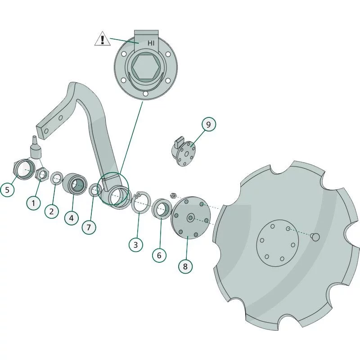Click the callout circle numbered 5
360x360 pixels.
[x=7, y=189]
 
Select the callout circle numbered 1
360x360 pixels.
[x=33, y=203]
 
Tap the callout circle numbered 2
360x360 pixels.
[x=52, y=211]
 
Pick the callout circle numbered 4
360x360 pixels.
[x=72, y=218]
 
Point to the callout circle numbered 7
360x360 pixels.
[x=89, y=227]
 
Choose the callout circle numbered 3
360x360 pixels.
[x=136, y=245]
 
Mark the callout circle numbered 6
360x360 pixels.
[x=159, y=255]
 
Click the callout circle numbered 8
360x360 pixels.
[x=185, y=266]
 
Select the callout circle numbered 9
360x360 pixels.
[x=209, y=125]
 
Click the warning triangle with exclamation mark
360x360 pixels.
[x=103, y=39]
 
